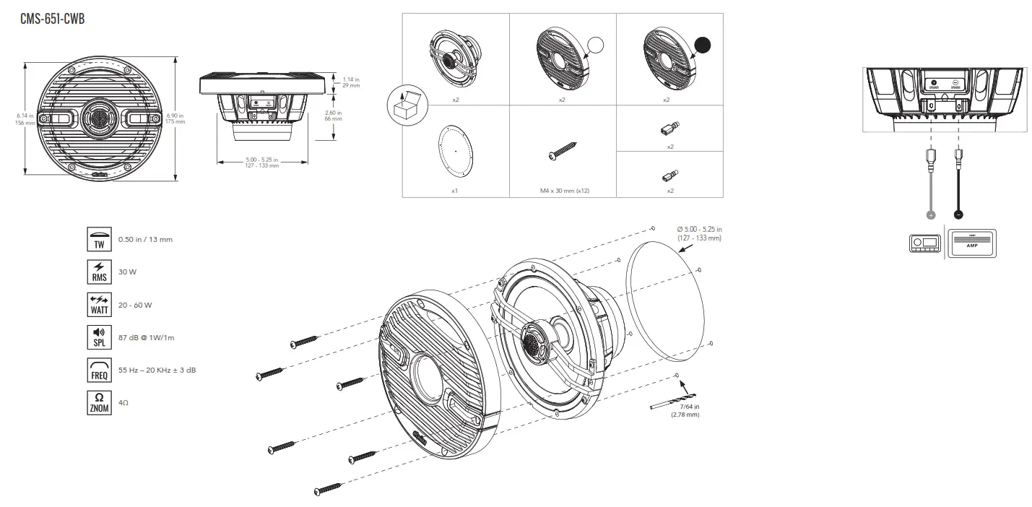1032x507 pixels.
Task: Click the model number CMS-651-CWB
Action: pos(53,19)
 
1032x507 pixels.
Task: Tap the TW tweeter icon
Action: pos(99,238)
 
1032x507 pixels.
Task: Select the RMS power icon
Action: pos(99,272)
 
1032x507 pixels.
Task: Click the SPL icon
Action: pos(99,337)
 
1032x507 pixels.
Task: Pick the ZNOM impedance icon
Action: pos(99,402)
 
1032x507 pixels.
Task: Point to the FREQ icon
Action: pos(99,370)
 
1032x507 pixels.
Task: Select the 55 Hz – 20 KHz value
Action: pos(157,370)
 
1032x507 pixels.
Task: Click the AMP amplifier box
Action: pos(971,242)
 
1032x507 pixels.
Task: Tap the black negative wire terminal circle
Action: pos(958,214)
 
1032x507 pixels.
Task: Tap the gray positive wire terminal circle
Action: pos(931,214)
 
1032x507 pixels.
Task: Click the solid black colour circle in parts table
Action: pos(701,45)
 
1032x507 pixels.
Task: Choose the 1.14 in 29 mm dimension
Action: pos(351,82)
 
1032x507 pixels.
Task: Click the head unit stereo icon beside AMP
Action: pos(924,243)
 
